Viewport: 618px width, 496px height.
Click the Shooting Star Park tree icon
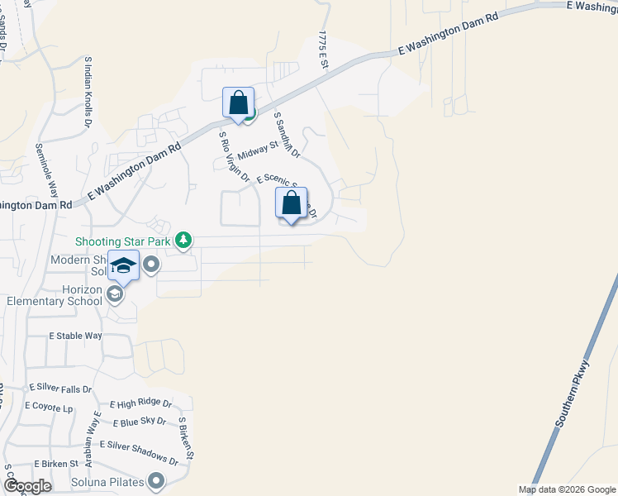point(183,241)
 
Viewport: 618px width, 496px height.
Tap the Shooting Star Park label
point(122,241)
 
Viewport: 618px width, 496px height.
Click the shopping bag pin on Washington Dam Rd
point(238,104)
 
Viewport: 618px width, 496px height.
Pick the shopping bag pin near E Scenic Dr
point(291,203)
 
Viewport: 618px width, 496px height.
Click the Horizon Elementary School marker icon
point(116,293)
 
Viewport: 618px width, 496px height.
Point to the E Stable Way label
point(75,336)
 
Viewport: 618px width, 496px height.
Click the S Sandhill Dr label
point(287,135)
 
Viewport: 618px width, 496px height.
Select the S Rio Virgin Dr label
point(234,155)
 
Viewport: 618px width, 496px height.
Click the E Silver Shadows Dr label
point(138,451)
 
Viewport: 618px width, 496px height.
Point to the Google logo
point(26,485)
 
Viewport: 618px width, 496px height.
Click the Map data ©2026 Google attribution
point(568,489)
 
